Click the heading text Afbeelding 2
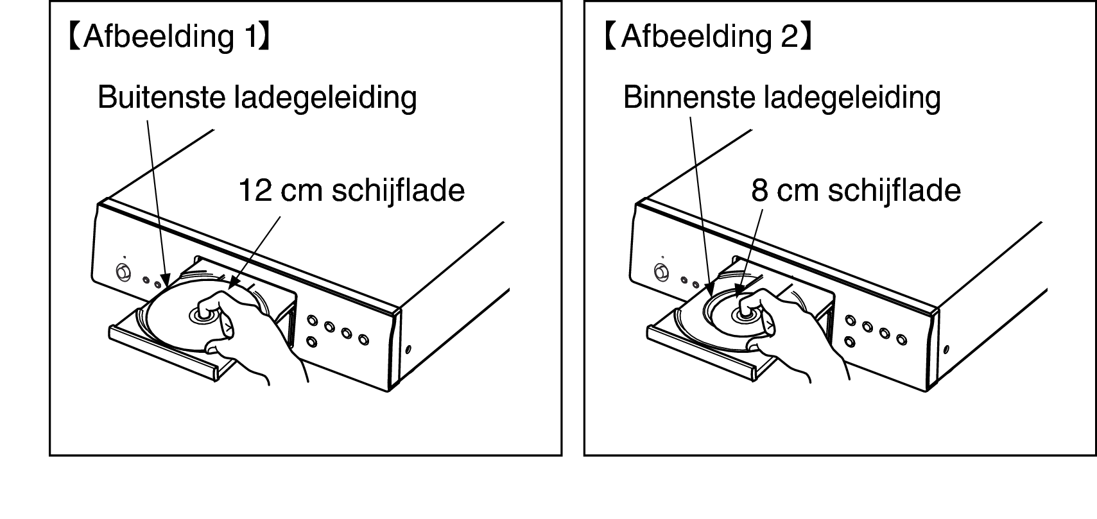[x=711, y=37]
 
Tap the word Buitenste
[x=161, y=97]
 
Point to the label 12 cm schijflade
[x=351, y=191]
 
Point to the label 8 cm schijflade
[x=856, y=191]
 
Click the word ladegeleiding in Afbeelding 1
[x=325, y=98]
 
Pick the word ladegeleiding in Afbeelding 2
[x=852, y=98]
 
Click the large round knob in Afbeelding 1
[x=123, y=272]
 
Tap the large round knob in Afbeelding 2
[x=662, y=272]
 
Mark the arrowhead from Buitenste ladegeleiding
[x=166, y=280]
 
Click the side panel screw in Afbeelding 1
[x=408, y=350]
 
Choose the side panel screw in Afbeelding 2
[x=946, y=350]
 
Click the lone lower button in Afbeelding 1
[x=311, y=341]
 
